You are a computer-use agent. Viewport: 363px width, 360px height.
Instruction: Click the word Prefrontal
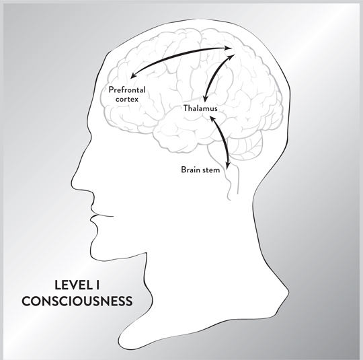click(x=127, y=89)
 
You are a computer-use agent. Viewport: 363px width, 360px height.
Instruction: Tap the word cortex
click(x=127, y=99)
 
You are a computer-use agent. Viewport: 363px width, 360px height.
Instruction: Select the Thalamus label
click(x=200, y=108)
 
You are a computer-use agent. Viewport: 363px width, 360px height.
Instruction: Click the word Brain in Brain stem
click(x=190, y=170)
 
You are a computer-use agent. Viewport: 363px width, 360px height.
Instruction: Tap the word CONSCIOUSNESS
click(x=77, y=301)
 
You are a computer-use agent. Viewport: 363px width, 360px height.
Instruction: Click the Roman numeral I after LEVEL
click(x=97, y=285)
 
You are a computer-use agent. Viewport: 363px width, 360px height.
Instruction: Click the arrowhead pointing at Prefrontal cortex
click(x=133, y=75)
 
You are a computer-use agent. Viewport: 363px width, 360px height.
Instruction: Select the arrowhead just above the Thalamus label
click(x=204, y=99)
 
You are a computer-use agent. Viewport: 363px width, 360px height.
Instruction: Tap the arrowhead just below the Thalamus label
click(x=212, y=119)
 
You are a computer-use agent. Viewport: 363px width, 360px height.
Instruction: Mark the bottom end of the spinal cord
click(x=229, y=199)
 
